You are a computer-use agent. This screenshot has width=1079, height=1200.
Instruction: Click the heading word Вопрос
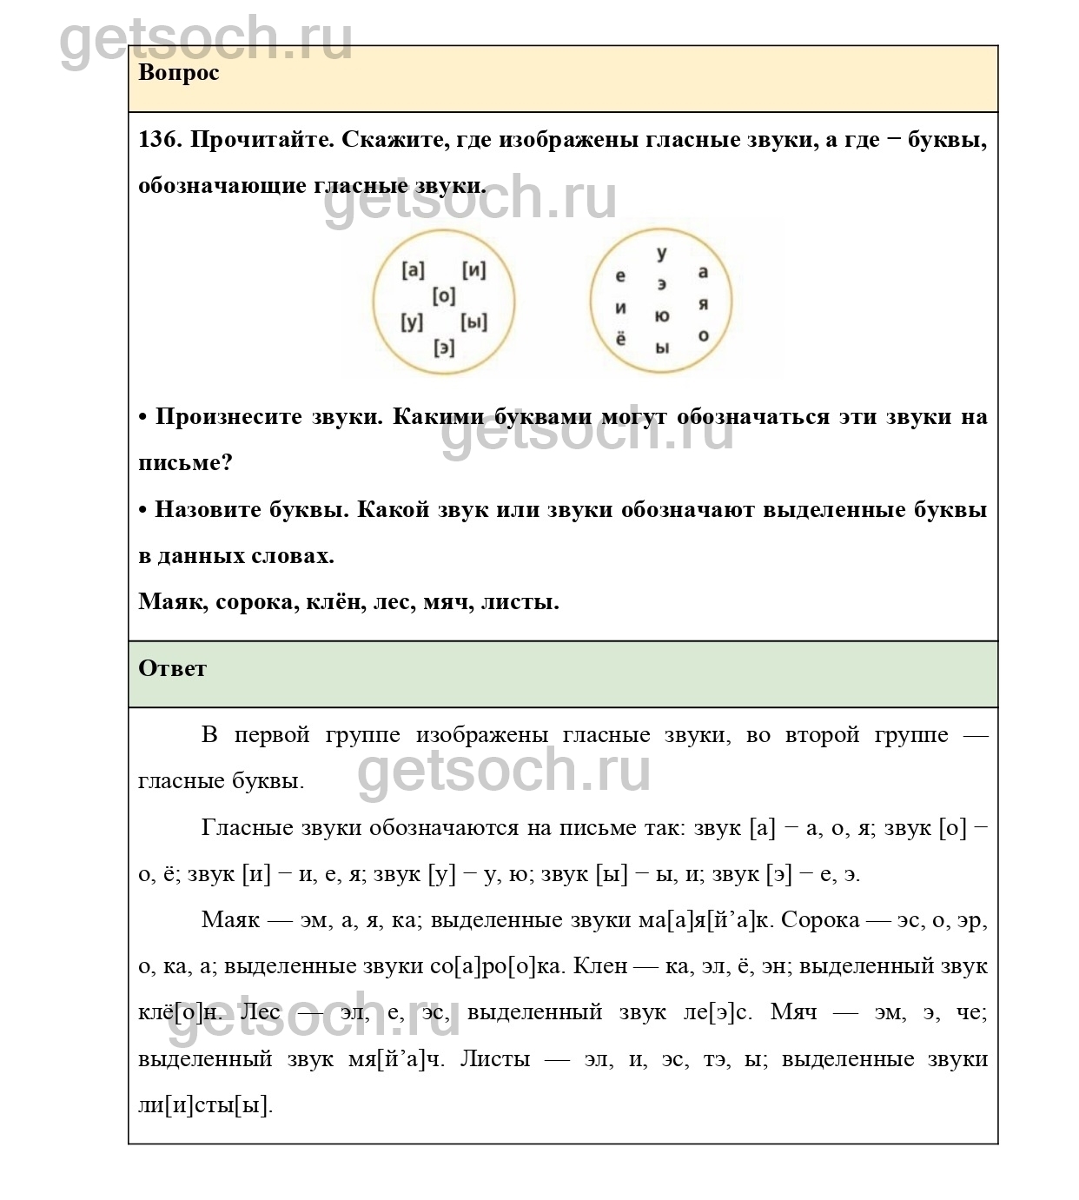(178, 73)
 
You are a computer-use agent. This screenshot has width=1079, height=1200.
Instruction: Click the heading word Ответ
(172, 668)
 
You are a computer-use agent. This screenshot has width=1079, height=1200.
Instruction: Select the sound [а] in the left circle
(414, 270)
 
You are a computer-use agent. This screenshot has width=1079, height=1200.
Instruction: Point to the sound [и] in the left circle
(473, 270)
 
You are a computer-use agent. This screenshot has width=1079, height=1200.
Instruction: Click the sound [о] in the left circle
(444, 296)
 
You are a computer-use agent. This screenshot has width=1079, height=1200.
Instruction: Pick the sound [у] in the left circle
(412, 322)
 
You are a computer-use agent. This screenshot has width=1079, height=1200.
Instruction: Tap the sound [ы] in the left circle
(473, 322)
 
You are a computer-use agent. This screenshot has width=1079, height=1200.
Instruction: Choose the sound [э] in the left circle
(444, 348)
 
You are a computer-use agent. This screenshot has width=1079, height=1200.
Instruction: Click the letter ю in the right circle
(662, 316)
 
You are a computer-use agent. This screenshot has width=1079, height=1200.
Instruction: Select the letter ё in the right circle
(620, 338)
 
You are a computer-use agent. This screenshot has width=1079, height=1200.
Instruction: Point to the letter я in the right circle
(703, 305)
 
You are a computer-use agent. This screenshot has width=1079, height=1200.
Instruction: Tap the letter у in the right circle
(662, 254)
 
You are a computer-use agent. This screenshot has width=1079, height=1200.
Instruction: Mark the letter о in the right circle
(703, 335)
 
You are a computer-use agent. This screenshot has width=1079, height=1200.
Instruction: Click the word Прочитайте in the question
(261, 140)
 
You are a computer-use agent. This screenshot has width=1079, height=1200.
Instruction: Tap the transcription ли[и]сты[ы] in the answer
(205, 1105)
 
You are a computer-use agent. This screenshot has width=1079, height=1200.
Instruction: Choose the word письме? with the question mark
(185, 463)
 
